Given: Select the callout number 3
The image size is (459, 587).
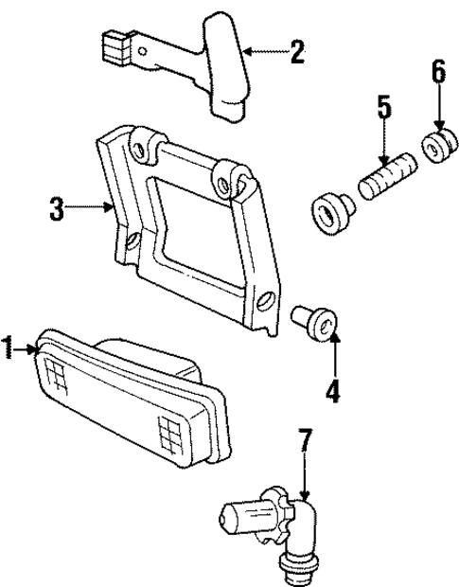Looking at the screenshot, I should click(x=57, y=207).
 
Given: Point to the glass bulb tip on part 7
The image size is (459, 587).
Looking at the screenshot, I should click(x=230, y=516).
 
